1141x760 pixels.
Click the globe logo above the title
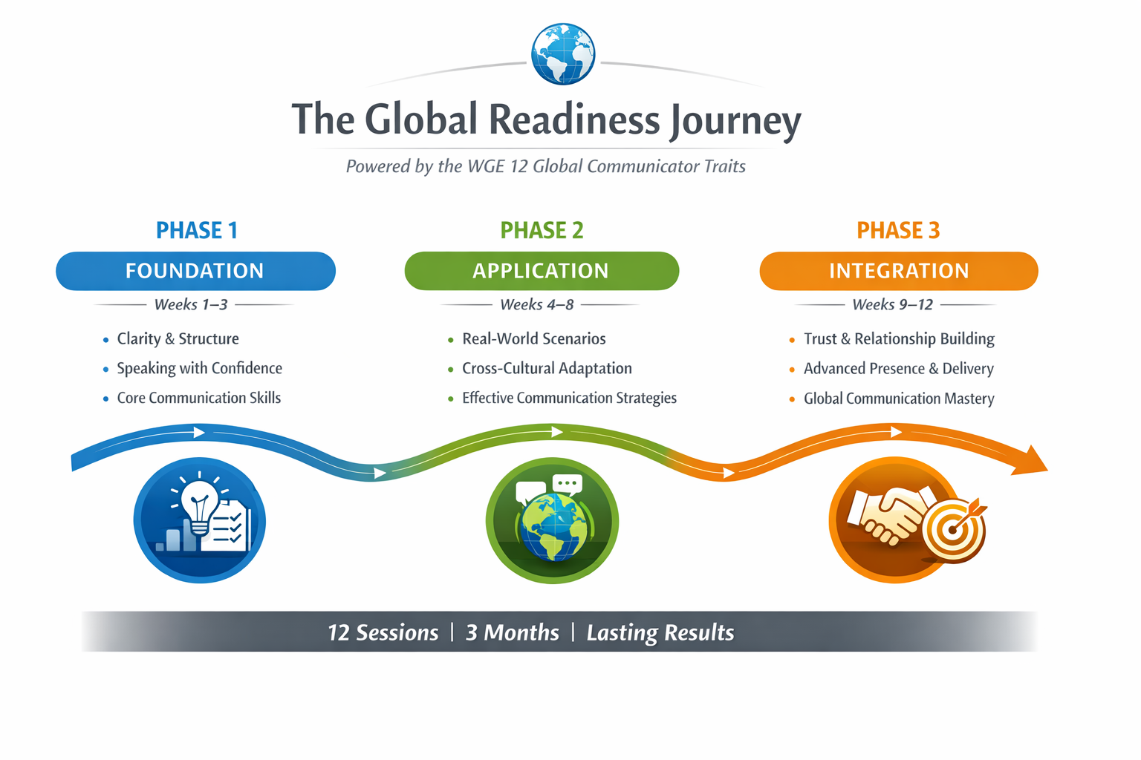pyautogui.click(x=563, y=54)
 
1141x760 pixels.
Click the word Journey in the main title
pyautogui.click(x=735, y=120)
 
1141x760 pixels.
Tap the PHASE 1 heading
pyautogui.click(x=196, y=231)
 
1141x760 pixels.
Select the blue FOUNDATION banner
pyautogui.click(x=195, y=271)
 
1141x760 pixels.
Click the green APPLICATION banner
pyautogui.click(x=541, y=271)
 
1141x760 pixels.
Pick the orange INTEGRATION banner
pyautogui.click(x=898, y=271)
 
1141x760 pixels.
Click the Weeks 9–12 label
pyautogui.click(x=892, y=305)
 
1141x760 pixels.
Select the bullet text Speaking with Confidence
pyautogui.click(x=199, y=369)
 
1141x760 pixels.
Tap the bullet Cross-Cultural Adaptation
pyautogui.click(x=547, y=369)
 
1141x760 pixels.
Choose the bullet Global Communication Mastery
pyautogui.click(x=898, y=399)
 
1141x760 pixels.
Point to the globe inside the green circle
pyautogui.click(x=553, y=526)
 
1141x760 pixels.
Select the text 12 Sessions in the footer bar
pyautogui.click(x=383, y=632)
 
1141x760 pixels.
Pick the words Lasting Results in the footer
pyautogui.click(x=660, y=632)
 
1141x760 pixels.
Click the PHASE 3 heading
pyautogui.click(x=898, y=231)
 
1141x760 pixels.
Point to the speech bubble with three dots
pyautogui.click(x=568, y=484)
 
